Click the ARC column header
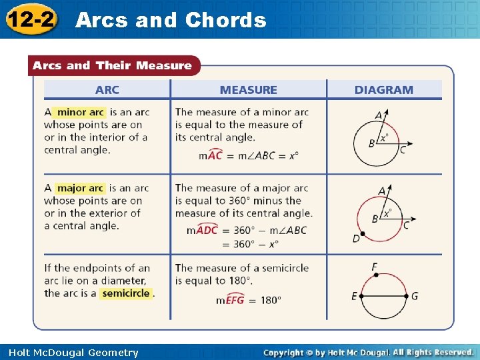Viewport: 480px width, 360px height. pos(107,90)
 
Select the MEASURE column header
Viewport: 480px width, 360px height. pos(249,90)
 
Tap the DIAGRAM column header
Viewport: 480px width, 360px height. pos(383,90)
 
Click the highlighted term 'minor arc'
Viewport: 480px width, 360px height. pos(81,112)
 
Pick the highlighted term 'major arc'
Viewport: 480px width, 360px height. pos(80,188)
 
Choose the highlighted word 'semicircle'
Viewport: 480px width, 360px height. pos(126,293)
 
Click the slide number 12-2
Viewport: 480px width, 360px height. pos(31,18)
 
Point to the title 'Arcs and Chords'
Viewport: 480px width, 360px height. pos(171,20)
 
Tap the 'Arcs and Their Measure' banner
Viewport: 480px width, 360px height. pos(112,65)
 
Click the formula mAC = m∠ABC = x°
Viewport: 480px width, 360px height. pos(249,155)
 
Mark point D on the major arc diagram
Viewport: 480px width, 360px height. pos(357,238)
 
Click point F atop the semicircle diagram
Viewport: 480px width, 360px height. pos(375,267)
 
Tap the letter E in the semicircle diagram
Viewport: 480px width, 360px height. pos(354,296)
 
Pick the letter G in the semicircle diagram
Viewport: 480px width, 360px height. pos(415,296)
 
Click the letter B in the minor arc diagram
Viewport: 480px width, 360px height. pos(371,143)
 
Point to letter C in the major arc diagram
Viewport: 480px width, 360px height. pos(406,225)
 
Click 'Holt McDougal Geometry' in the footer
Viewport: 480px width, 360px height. pos(74,353)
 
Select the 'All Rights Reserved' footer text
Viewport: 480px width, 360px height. pos(433,352)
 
